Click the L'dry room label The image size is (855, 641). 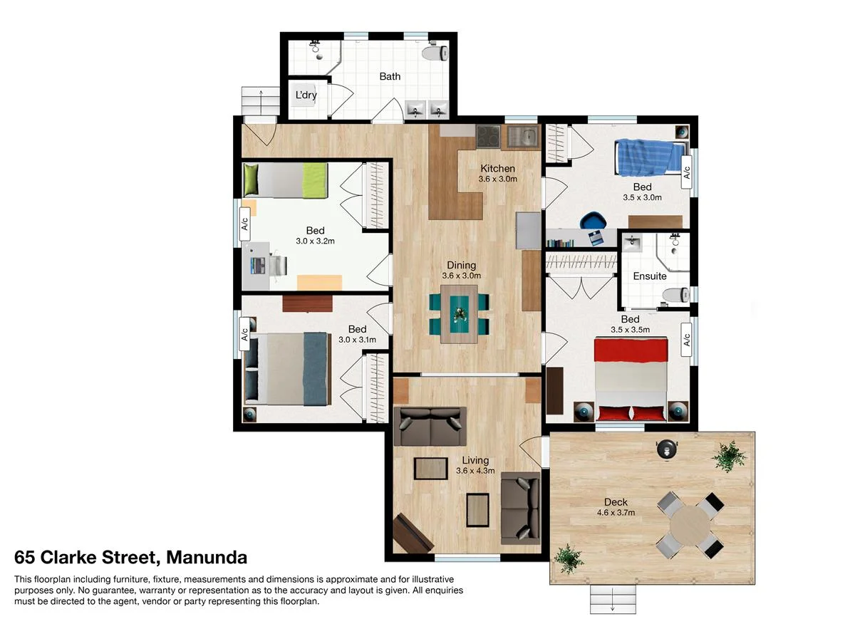[x=306, y=95]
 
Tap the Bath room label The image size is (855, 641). [x=390, y=76]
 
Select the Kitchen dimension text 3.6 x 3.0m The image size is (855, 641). [x=497, y=179]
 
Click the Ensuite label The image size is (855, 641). [x=650, y=276]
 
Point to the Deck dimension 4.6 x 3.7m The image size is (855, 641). [x=616, y=512]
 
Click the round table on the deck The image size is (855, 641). [x=690, y=525]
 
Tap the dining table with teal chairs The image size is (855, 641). [x=459, y=313]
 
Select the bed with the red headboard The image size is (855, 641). [x=631, y=380]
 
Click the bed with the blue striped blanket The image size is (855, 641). [x=649, y=156]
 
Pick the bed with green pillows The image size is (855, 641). [x=285, y=180]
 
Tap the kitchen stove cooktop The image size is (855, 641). [x=488, y=135]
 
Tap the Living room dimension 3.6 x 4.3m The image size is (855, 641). [x=475, y=471]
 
